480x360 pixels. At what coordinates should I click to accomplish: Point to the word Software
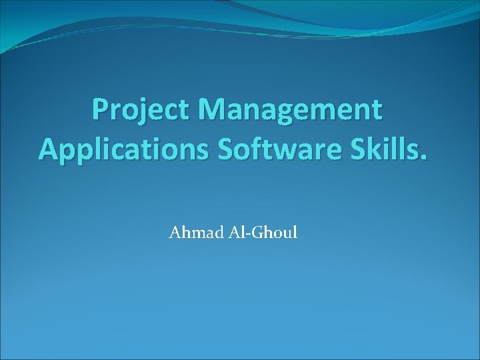(x=264, y=147)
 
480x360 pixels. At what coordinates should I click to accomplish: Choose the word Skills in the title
(x=379, y=147)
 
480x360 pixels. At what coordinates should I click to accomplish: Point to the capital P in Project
(x=101, y=109)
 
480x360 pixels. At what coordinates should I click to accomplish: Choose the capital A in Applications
(x=48, y=147)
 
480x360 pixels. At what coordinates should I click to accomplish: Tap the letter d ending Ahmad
(x=211, y=233)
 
